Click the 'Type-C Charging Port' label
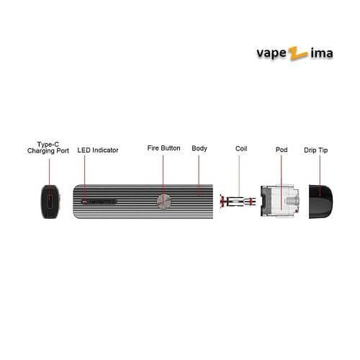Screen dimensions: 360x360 (x=48, y=148)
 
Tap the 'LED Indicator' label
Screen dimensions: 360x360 (x=98, y=150)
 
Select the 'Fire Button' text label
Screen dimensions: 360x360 (x=163, y=148)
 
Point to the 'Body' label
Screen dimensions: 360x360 (x=199, y=148)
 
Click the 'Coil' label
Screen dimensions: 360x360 (x=241, y=148)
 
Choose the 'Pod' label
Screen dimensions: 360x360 (x=282, y=150)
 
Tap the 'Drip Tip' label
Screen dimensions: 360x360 (x=316, y=150)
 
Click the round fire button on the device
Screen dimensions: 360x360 (x=164, y=202)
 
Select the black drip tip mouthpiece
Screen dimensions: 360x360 (x=321, y=202)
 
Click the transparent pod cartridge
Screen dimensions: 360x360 (x=280, y=201)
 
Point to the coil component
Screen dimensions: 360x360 (x=238, y=201)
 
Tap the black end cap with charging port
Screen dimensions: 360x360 (x=50, y=202)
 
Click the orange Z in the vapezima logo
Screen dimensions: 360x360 (x=298, y=53)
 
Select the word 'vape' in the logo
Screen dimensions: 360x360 (x=271, y=53)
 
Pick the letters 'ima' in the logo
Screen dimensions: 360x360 (x=322, y=53)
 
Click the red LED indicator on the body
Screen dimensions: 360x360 (x=84, y=202)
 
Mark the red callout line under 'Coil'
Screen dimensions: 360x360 (x=239, y=176)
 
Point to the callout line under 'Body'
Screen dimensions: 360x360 (x=199, y=175)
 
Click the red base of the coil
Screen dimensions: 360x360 (x=222, y=201)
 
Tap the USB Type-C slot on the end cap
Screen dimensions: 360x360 (x=50, y=202)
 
